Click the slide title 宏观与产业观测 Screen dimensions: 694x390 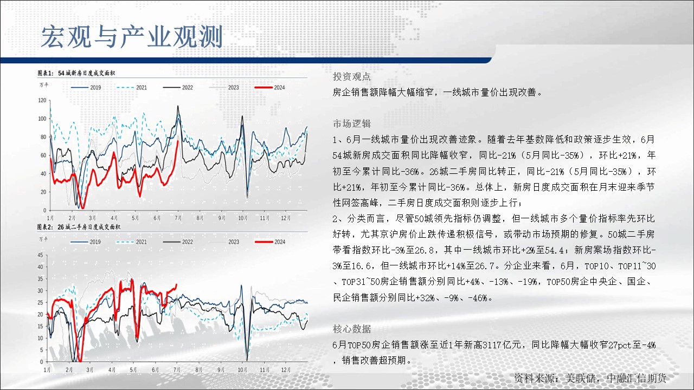(x=132, y=37)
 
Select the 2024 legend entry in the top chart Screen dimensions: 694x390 (x=269, y=88)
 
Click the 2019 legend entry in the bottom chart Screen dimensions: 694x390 (x=86, y=242)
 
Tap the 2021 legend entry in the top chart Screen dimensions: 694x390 (x=132, y=88)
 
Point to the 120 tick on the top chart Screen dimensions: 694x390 (x=42, y=100)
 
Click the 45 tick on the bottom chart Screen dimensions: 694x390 (x=40, y=255)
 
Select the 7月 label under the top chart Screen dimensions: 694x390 (x=178, y=218)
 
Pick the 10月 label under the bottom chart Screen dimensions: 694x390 (x=242, y=369)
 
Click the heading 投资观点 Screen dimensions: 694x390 (x=352, y=76)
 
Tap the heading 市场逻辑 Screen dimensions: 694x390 (x=352, y=123)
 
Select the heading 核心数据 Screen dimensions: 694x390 (x=352, y=329)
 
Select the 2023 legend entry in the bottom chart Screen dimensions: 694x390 (x=224, y=242)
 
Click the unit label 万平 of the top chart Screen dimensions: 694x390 (x=44, y=84)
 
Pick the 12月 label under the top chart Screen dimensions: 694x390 (x=286, y=218)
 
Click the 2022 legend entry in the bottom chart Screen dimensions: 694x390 (x=178, y=242)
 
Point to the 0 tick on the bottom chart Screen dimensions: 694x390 (x=42, y=361)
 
